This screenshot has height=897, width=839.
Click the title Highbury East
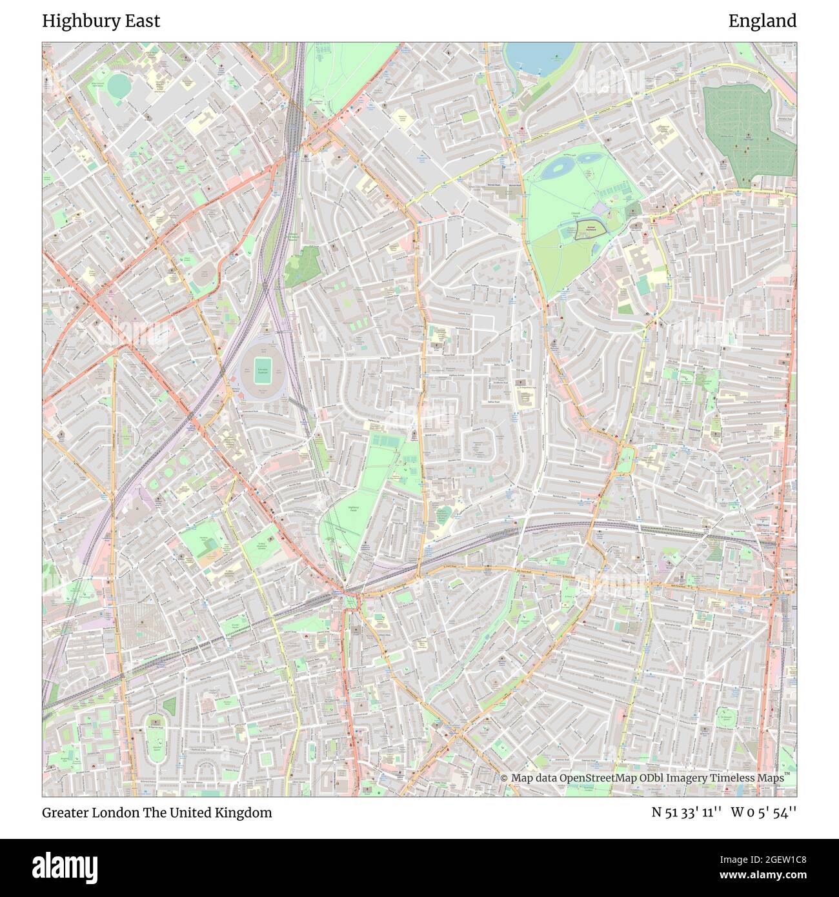click(101, 21)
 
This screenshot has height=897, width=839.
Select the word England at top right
click(762, 21)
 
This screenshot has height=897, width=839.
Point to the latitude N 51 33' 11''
click(686, 812)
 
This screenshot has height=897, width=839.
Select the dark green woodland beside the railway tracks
click(302, 266)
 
